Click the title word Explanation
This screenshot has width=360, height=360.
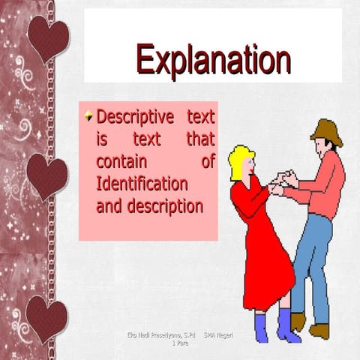[213, 60]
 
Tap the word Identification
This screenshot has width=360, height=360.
[142, 183]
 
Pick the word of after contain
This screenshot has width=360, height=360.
[208, 161]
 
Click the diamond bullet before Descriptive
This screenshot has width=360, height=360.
[90, 116]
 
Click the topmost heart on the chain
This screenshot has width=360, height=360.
[49, 35]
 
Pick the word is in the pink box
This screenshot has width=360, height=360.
[102, 139]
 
